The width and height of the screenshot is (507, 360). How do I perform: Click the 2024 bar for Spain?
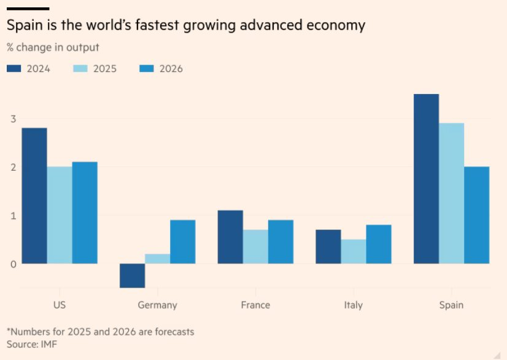click(427, 179)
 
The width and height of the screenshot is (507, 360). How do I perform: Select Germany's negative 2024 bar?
click(133, 276)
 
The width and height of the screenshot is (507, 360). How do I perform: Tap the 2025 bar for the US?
click(60, 215)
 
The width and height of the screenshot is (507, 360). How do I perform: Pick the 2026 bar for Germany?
click(182, 242)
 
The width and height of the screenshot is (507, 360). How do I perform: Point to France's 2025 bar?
click(255, 247)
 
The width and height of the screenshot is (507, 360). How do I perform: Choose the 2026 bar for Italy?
click(379, 245)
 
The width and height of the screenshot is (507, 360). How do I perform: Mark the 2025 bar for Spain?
click(452, 194)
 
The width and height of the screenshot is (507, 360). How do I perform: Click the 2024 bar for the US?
click(34, 196)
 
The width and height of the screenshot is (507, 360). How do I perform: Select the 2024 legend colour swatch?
click(14, 69)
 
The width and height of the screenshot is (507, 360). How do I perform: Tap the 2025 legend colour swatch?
click(80, 69)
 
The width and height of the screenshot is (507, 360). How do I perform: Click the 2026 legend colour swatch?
click(147, 69)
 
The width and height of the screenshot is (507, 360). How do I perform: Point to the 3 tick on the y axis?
click(12, 119)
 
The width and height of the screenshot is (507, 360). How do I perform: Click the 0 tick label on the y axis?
click(12, 264)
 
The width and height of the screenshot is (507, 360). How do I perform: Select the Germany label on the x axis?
click(158, 305)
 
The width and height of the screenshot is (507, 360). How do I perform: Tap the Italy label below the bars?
click(354, 305)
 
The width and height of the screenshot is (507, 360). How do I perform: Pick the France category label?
click(255, 305)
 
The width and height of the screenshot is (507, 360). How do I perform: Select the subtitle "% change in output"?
click(53, 47)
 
